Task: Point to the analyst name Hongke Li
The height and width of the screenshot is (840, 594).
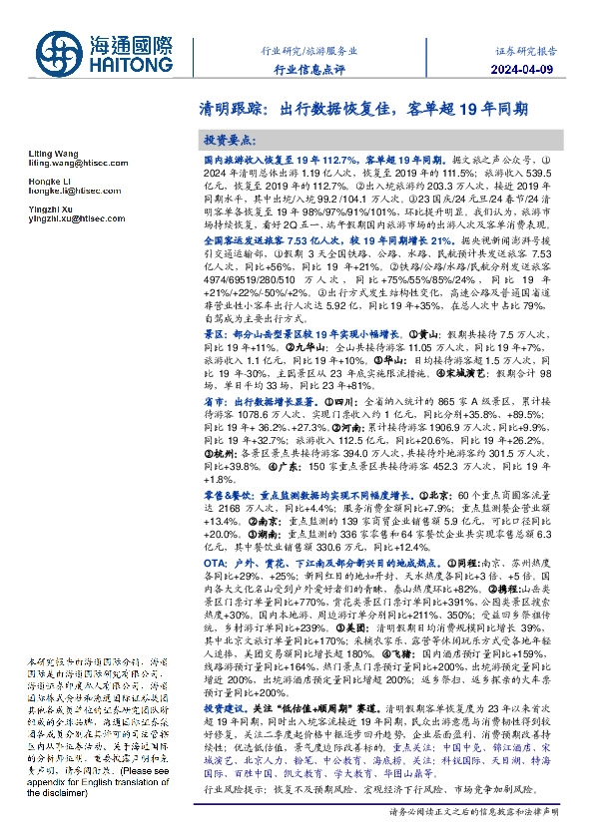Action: point(44,179)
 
